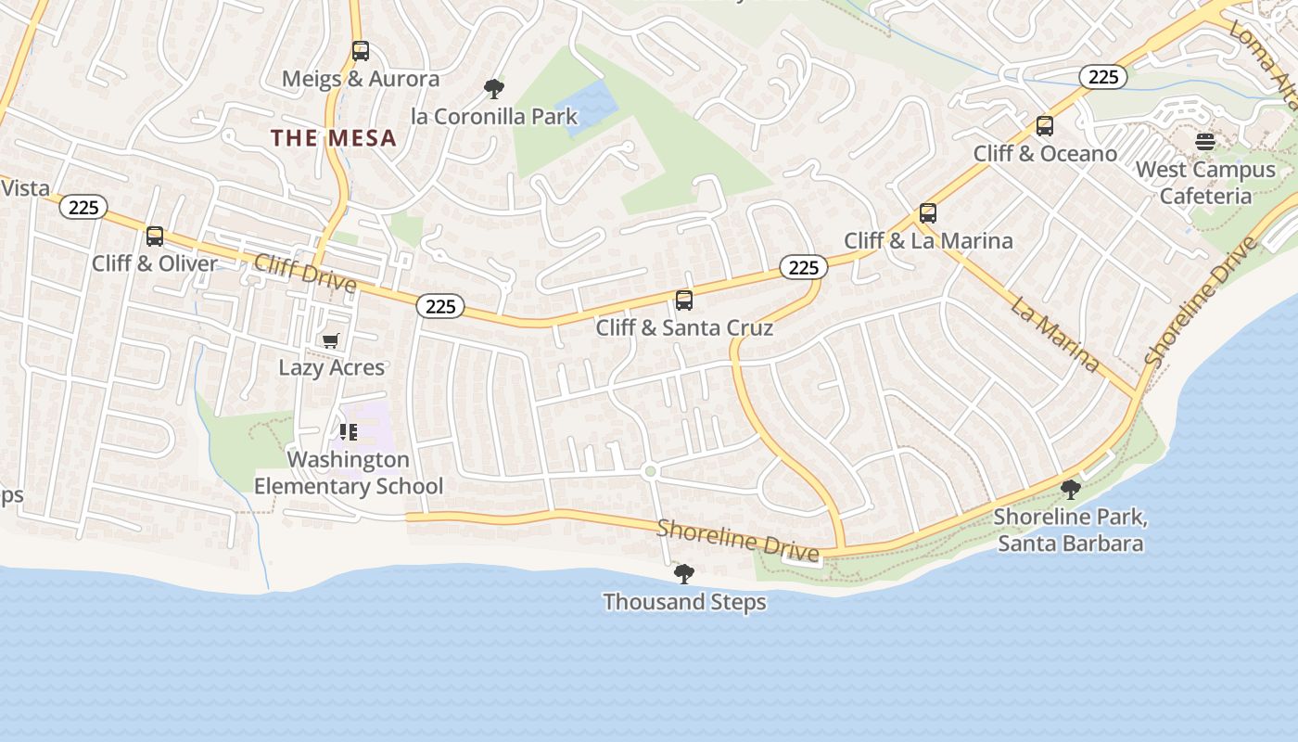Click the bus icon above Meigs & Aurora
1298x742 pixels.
point(361,51)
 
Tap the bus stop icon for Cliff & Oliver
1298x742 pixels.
point(155,237)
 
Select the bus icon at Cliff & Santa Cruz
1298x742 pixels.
point(684,301)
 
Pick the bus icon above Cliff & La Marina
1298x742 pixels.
point(928,213)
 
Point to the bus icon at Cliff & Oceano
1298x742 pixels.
point(1045,126)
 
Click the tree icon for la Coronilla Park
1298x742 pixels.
point(494,89)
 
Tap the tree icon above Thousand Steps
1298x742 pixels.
point(684,574)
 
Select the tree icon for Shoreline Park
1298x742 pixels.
point(1071,489)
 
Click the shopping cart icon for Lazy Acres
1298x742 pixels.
point(331,340)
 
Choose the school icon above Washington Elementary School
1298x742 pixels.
point(349,432)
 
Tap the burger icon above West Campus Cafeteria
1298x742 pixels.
point(1205,142)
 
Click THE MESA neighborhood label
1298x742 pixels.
point(334,139)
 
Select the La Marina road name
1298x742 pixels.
point(1054,334)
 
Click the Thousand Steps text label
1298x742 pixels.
point(684,602)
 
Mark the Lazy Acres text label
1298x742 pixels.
point(332,368)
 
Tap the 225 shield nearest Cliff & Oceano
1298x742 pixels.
point(1103,77)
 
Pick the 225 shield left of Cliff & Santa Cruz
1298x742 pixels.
point(440,305)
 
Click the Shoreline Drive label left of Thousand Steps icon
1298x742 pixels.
point(738,541)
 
